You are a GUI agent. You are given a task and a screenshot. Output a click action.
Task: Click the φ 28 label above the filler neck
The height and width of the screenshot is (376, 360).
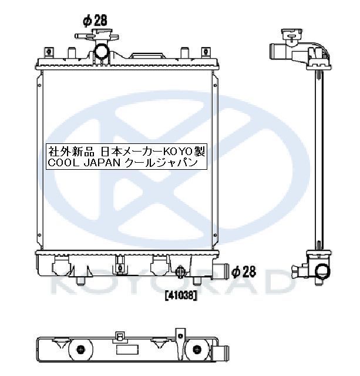click(x=95, y=21)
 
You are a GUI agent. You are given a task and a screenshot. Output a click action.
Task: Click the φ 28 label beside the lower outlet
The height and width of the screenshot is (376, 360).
click(x=244, y=271)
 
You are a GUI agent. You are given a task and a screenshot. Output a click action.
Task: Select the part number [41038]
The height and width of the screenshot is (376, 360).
click(x=181, y=296)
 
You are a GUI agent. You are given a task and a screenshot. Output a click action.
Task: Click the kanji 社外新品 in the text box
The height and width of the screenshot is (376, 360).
click(x=72, y=152)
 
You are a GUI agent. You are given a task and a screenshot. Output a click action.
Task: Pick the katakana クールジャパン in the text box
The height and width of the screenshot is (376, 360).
click(x=162, y=163)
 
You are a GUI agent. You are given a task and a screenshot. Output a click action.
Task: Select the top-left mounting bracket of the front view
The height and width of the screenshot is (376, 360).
click(x=49, y=52)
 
